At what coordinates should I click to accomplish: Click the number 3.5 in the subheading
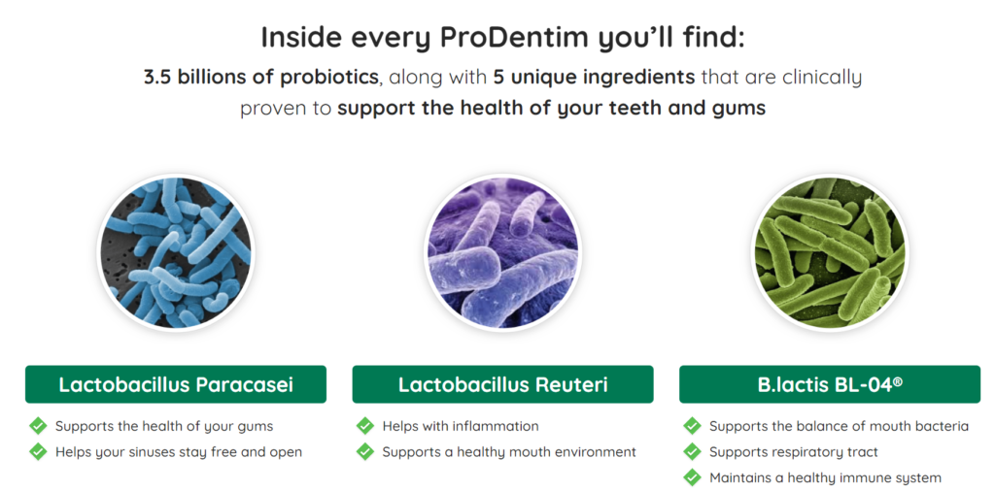tap(158, 78)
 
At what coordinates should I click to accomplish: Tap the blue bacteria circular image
tap(175, 252)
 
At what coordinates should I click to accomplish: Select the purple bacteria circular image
tap(502, 252)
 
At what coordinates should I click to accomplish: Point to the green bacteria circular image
tap(830, 252)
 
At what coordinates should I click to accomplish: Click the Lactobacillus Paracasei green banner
tap(176, 384)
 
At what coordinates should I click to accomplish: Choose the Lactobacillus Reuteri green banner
tap(502, 384)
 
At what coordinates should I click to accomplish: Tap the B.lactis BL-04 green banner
tap(830, 384)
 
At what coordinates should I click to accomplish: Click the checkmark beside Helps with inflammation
tap(365, 426)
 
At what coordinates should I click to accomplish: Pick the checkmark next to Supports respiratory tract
tap(692, 452)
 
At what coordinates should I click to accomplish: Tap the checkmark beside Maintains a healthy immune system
tap(692, 477)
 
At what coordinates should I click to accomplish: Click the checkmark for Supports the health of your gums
tap(38, 426)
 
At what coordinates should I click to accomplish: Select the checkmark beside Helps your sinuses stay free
tap(38, 452)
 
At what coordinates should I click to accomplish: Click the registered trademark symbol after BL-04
tap(897, 381)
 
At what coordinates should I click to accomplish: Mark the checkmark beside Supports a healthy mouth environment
tap(365, 452)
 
